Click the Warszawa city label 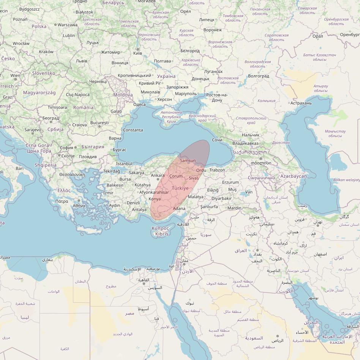(x=68, y=25)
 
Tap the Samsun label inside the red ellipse (x=188, y=161)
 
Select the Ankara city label (x=158, y=175)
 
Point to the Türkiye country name (x=180, y=188)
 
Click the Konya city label (x=155, y=199)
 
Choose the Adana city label (x=179, y=208)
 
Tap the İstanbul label (x=124, y=164)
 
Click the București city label (x=99, y=123)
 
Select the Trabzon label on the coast (x=217, y=170)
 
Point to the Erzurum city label (x=231, y=182)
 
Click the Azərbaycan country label (x=294, y=176)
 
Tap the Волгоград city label (x=258, y=76)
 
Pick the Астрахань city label (x=301, y=103)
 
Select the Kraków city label (x=46, y=52)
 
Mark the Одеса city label (x=139, y=104)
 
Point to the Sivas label (x=194, y=178)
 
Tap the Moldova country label (x=123, y=95)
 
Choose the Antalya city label (x=139, y=210)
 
